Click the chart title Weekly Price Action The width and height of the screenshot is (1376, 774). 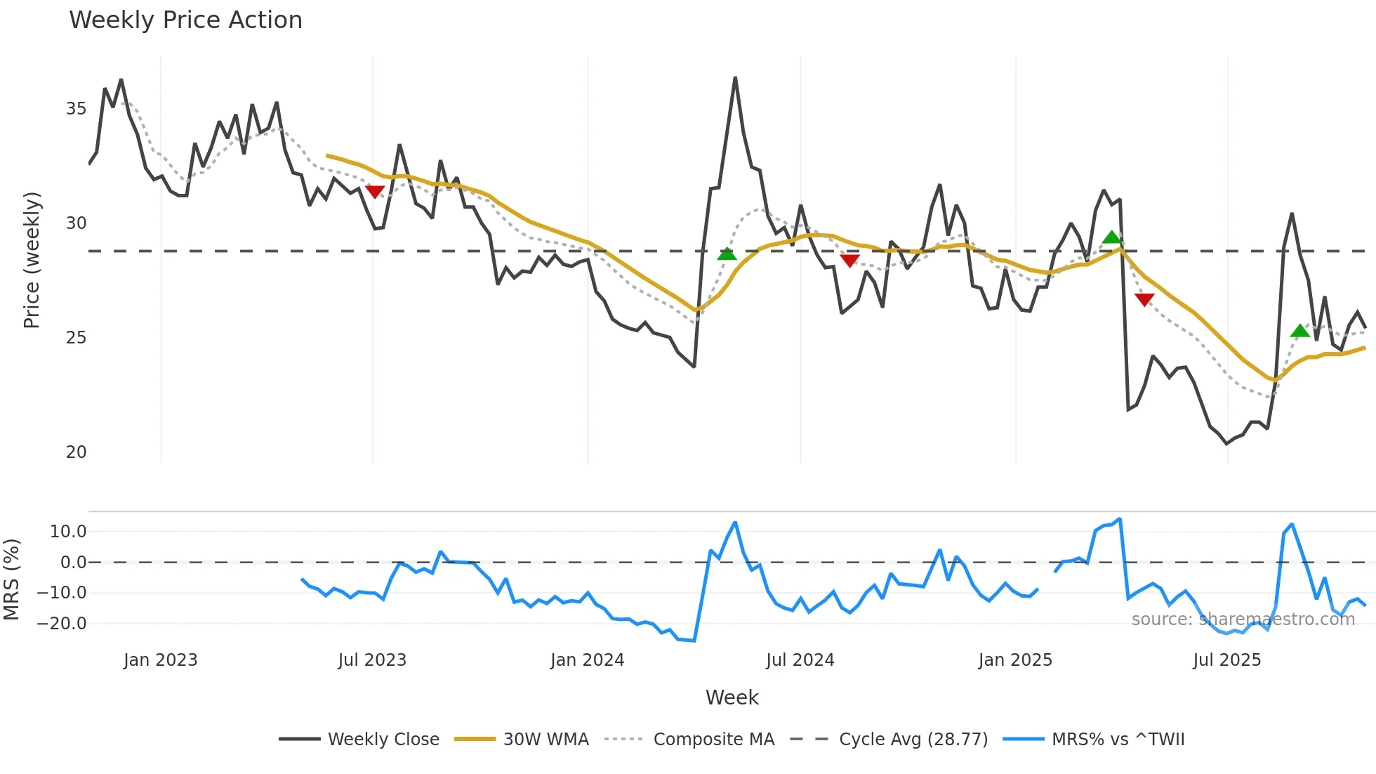(185, 20)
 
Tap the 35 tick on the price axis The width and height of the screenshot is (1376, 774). (76, 109)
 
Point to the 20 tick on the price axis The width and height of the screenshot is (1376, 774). (76, 452)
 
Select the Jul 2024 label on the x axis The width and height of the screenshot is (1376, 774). (800, 660)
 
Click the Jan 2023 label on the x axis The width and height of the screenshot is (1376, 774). (160, 660)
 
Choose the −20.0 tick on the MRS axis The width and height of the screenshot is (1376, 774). (62, 624)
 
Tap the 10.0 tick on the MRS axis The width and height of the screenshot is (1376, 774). (67, 532)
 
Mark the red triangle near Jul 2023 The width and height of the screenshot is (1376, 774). (375, 192)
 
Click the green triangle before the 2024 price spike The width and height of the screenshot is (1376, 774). (727, 254)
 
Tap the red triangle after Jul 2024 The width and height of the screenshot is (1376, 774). (849, 261)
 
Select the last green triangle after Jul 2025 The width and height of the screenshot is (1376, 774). (1300, 331)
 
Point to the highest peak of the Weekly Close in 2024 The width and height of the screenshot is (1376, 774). (735, 78)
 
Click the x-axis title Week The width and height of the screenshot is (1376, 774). (732, 697)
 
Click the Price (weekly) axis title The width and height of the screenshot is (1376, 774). (32, 260)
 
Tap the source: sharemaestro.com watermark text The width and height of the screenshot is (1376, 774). (1243, 619)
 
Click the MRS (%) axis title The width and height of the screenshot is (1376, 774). (12, 579)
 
